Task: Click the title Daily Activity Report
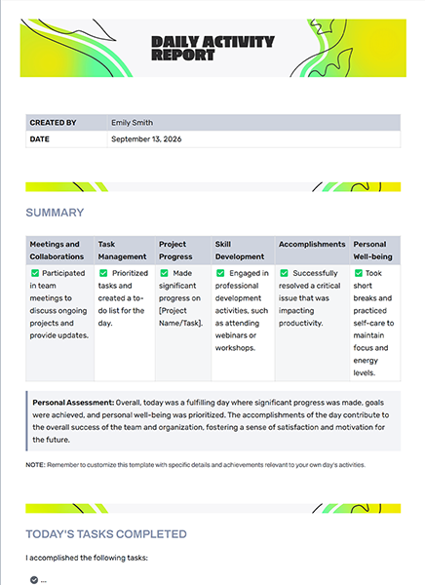[x=212, y=49]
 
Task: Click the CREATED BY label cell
[x=53, y=123]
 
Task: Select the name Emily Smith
[x=132, y=123]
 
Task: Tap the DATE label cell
[x=40, y=139]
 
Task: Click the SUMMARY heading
[x=55, y=213]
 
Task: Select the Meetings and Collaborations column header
[x=58, y=251]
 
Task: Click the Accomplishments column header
[x=312, y=245]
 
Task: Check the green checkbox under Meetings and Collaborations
[x=35, y=274]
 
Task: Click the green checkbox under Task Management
[x=103, y=274]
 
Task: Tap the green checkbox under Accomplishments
[x=284, y=274]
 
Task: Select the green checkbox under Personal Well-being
[x=358, y=274]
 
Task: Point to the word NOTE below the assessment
[x=35, y=465]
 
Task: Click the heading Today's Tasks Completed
[x=106, y=533]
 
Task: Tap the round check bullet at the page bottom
[x=34, y=579]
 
